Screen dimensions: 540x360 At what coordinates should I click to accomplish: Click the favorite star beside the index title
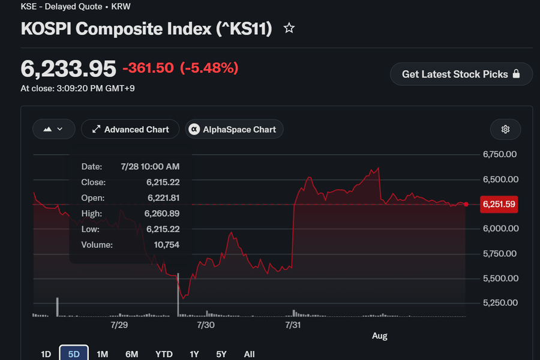click(289, 28)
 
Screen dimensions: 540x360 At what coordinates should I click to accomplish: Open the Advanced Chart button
click(130, 129)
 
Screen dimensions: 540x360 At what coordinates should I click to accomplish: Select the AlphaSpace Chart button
click(234, 129)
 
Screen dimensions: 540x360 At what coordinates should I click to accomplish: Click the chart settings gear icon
click(505, 129)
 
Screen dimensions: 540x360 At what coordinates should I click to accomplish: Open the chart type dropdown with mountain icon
click(54, 129)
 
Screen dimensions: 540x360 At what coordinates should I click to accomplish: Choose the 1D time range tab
click(46, 354)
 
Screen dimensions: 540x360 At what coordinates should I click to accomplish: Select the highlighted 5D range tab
click(74, 353)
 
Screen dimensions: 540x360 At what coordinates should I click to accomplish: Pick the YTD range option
click(164, 354)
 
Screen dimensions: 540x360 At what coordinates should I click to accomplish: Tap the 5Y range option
click(221, 354)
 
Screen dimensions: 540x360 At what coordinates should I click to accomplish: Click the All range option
click(249, 354)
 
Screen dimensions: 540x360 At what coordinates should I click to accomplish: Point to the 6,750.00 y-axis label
click(500, 154)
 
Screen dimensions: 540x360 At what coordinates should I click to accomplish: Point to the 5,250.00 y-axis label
click(500, 303)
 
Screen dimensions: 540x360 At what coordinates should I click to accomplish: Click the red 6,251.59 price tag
click(499, 204)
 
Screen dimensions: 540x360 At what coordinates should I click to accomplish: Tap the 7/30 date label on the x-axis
click(206, 325)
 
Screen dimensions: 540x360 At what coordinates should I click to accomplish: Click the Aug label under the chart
click(380, 336)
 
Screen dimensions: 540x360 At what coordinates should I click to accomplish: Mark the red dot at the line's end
click(466, 204)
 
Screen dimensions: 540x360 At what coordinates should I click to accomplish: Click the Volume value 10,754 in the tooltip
click(167, 245)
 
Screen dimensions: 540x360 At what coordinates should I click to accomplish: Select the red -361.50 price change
click(148, 68)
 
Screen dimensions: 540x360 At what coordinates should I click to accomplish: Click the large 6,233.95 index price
click(68, 68)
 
